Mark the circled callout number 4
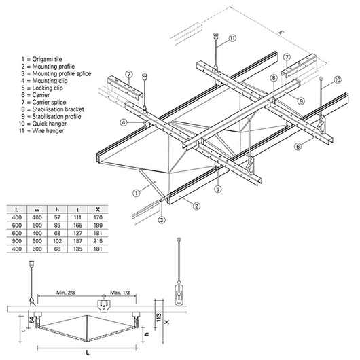pyautogui.click(x=124, y=122)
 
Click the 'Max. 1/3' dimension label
pyautogui.click(x=124, y=293)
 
